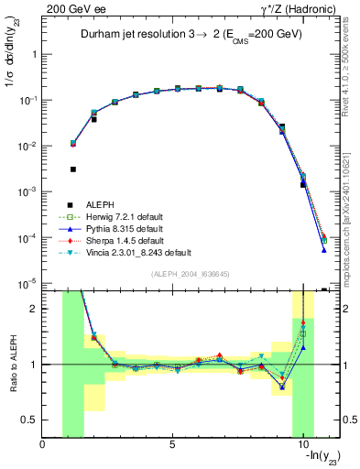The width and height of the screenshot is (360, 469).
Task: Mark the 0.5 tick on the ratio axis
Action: [x=31, y=420]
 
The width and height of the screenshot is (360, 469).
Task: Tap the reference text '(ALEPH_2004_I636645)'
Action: [x=190, y=274]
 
